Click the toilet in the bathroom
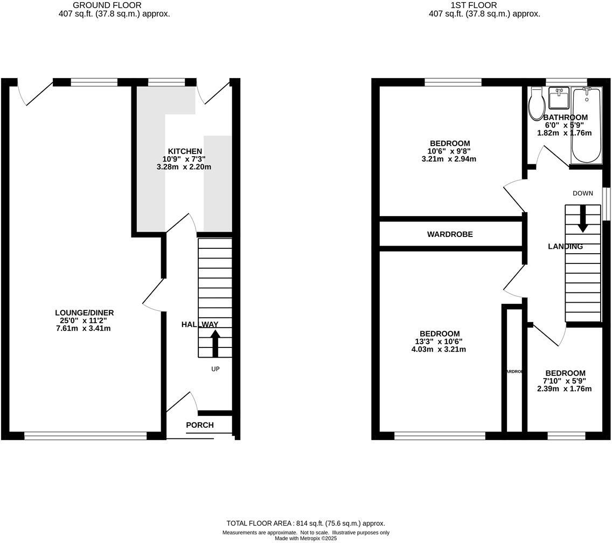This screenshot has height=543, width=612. point(537,105)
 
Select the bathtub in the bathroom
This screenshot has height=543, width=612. point(586,126)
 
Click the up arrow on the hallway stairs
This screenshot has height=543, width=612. point(215,344)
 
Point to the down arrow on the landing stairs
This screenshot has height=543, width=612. point(583,219)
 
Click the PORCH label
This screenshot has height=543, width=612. point(200,425)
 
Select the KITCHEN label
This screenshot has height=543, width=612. point(185,151)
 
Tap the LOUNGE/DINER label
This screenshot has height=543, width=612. point(85,312)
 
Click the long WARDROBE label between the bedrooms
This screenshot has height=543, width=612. point(450,234)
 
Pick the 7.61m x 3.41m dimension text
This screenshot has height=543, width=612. point(84,328)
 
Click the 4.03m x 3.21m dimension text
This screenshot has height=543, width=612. point(439,349)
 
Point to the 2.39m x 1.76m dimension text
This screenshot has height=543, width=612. point(565,388)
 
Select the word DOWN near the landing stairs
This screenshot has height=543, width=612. point(583,193)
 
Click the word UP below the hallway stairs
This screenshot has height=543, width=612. point(215,369)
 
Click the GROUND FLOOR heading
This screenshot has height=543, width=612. point(107,5)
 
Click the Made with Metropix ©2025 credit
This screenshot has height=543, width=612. point(305,538)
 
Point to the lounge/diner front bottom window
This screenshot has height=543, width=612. point(86,436)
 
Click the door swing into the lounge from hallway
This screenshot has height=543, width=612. point(153,296)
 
